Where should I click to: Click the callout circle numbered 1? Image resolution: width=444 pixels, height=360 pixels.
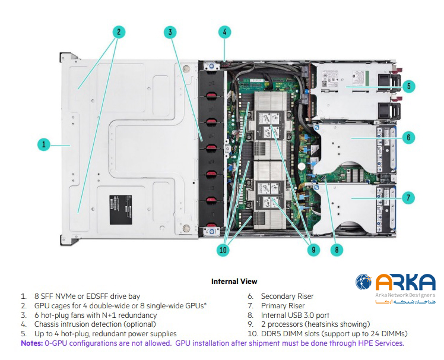tap(43, 144)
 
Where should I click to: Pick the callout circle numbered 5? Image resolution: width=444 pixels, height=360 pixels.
tap(407, 86)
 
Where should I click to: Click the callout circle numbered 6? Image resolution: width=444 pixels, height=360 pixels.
tap(407, 137)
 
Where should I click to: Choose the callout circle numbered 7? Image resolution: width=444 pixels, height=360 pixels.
tap(407, 197)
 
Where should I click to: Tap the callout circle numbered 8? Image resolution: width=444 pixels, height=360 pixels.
tap(337, 250)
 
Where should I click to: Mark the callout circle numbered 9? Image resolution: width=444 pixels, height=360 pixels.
tap(313, 250)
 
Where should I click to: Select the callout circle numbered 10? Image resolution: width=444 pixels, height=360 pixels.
tap(223, 250)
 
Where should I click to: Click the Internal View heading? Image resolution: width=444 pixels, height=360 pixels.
tap(234, 281)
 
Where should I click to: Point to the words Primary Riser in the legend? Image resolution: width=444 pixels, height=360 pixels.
tap(283, 305)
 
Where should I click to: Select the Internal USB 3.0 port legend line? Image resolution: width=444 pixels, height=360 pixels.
tap(294, 315)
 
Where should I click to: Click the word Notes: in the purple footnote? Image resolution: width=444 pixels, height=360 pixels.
tap(31, 343)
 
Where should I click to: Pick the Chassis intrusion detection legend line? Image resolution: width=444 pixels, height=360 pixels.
tap(96, 324)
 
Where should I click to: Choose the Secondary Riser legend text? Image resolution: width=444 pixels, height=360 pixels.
tap(287, 296)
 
